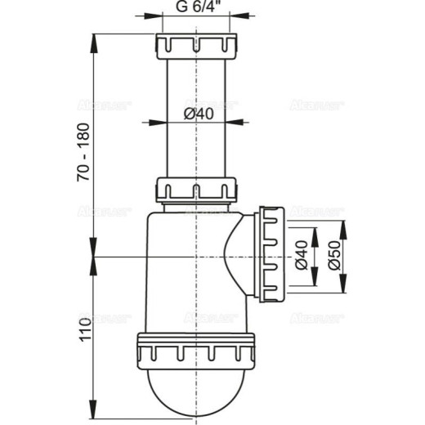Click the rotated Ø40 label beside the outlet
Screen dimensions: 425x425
point(301,257)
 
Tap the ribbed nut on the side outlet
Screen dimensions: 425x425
point(271,255)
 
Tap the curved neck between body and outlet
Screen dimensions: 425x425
point(240,245)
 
